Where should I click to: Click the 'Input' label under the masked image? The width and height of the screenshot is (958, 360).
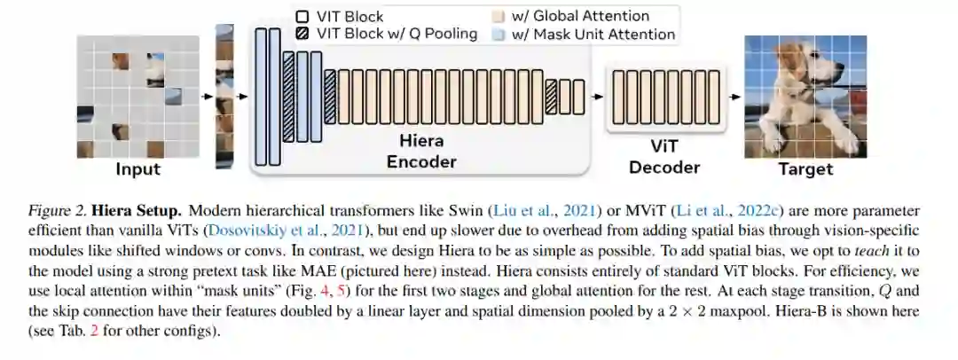point(138,169)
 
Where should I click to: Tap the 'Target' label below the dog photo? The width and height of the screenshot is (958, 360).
point(805,169)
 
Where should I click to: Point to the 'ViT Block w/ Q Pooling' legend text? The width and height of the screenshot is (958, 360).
point(397,35)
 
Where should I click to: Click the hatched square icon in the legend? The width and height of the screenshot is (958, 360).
point(302,35)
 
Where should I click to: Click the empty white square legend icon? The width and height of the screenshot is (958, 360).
point(302,16)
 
